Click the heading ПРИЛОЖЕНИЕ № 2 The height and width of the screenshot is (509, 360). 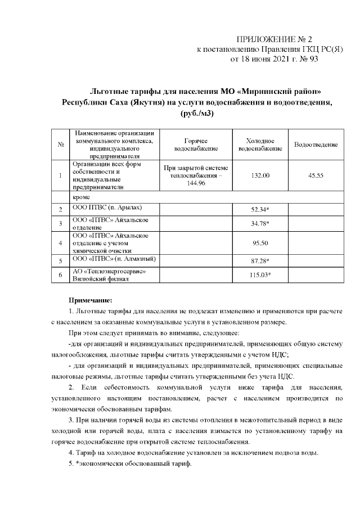tap(274, 39)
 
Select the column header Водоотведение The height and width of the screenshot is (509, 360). tap(316, 145)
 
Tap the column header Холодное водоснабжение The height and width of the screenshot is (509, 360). tap(260, 145)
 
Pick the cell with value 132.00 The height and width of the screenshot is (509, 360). tap(260, 176)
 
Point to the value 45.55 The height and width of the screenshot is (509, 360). tap(316, 176)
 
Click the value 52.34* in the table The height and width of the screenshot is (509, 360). tap(260, 210)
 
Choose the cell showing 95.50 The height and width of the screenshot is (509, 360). tap(260, 243)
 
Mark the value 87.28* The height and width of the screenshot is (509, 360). tap(260, 261)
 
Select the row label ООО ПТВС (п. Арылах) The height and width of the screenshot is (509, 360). tap(104, 208)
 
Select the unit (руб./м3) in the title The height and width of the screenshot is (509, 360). tap(196, 114)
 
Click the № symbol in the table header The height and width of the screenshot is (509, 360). tap(60, 145)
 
